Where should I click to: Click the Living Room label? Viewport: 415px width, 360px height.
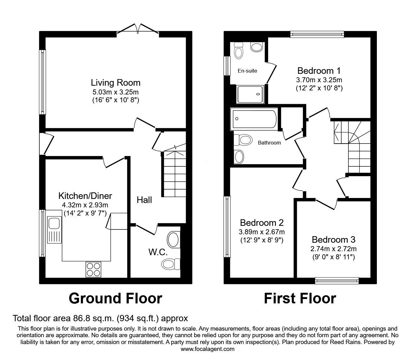pos(115,83)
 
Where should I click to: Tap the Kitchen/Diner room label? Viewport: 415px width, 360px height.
pos(85,196)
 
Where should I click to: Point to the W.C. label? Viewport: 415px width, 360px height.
pos(158,252)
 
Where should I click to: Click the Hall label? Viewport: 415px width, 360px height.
pos(144,200)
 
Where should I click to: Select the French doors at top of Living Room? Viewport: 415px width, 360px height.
pos(138,28)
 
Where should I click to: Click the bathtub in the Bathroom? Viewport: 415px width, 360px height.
pos(253,119)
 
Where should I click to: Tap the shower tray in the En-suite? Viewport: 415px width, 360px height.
pos(251,94)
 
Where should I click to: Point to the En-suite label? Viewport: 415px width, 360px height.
pos(247,71)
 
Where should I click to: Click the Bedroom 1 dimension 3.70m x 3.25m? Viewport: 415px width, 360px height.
pos(319,80)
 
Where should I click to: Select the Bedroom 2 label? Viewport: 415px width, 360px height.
pos(262,223)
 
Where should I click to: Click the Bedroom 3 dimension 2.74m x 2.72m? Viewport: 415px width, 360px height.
pos(333,249)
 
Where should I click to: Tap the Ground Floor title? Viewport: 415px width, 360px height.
pos(115,298)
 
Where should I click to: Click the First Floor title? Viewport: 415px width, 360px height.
pos(300,298)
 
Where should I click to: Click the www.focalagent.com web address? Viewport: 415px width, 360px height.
pos(207,349)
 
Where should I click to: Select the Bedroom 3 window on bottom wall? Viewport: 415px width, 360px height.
pos(337,281)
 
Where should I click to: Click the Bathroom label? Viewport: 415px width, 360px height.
pos(269,143)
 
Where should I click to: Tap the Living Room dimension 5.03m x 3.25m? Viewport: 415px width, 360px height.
pos(115,92)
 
